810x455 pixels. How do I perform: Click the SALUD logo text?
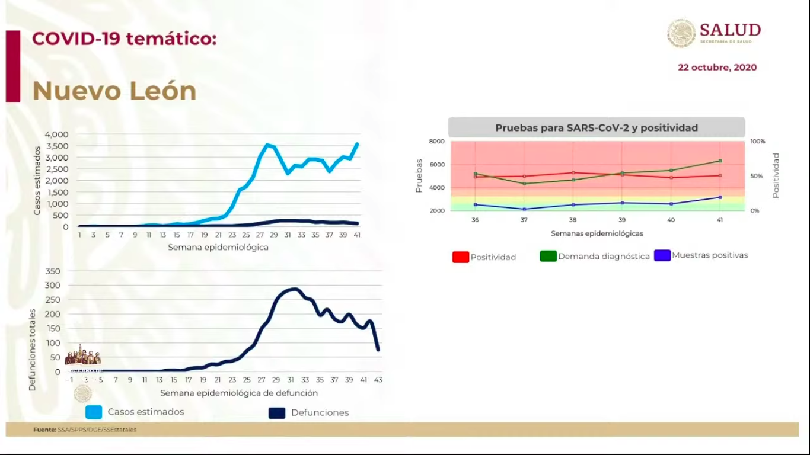pos(730,30)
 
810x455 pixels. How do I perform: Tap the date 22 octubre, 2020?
pos(717,68)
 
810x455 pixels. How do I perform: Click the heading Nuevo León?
pos(114,91)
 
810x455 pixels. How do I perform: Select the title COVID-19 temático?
pos(125,39)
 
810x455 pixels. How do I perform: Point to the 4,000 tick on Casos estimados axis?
pos(57,134)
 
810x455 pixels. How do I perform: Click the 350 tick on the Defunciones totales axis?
pos(53,271)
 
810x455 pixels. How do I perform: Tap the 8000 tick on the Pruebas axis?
pos(436,142)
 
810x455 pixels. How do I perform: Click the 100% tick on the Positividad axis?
pos(758,142)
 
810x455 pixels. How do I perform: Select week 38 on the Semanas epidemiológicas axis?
pos(573,220)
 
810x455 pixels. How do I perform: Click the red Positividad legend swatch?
pos(461,257)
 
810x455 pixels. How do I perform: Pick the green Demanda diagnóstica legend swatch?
pos(548,256)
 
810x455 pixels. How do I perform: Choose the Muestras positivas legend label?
pos(710,255)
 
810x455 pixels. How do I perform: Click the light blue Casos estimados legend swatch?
pos(94,412)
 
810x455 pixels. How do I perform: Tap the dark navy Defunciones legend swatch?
pos(277,413)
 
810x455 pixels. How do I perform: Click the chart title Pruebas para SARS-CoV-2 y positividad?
pos(597,127)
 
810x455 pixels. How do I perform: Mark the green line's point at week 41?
pos(720,161)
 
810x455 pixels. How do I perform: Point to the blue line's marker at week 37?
pos(524,209)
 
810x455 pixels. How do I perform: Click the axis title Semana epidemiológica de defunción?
pos(239,393)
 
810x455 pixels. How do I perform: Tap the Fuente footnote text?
pos(85,430)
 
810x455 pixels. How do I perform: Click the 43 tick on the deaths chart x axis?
pos(378,380)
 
